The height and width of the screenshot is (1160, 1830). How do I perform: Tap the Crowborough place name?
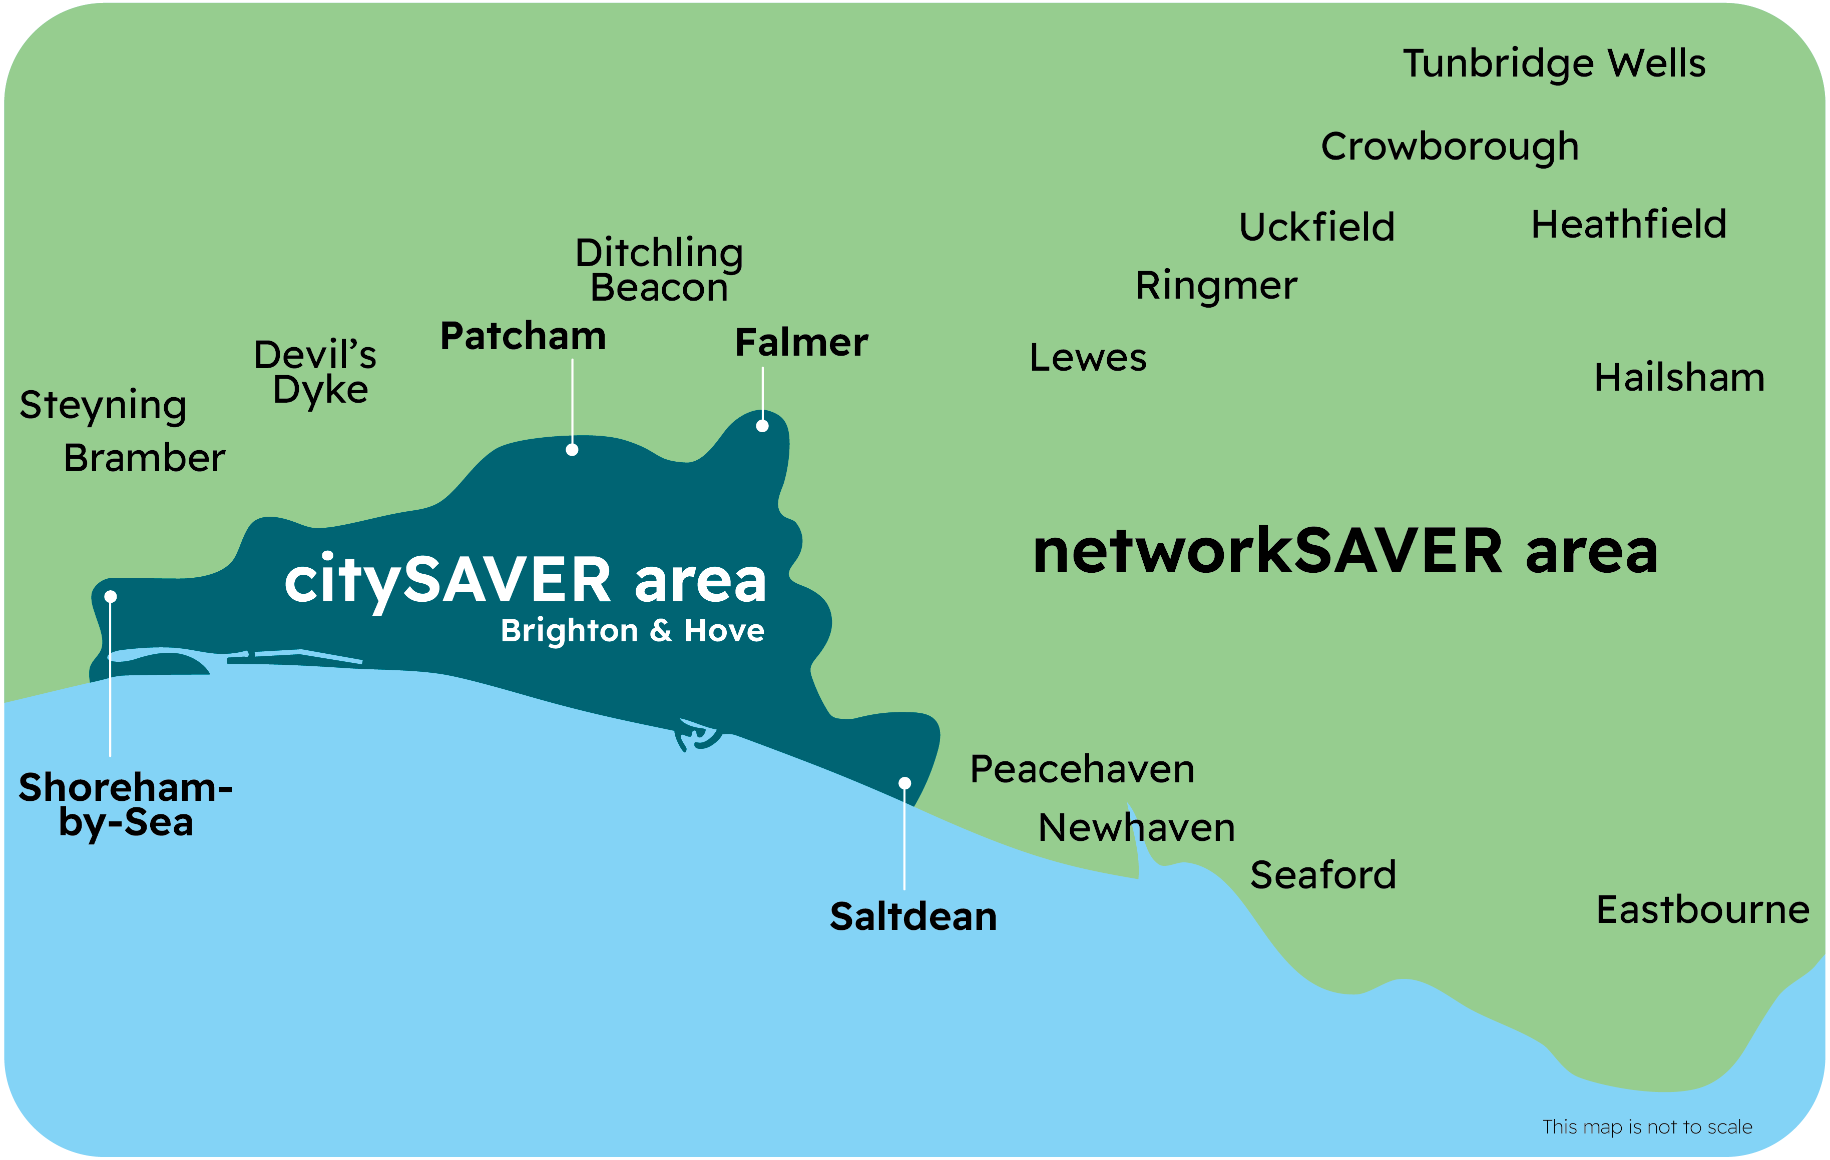(x=1449, y=147)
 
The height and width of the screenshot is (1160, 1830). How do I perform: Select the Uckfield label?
(x=1316, y=227)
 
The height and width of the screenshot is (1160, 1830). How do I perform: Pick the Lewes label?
(x=1088, y=358)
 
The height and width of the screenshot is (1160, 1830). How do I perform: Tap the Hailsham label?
(x=1679, y=378)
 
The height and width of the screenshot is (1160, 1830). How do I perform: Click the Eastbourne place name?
(x=1702, y=910)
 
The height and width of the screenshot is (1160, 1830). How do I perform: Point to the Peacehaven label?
(x=1082, y=769)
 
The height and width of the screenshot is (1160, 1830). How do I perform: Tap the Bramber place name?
(x=144, y=458)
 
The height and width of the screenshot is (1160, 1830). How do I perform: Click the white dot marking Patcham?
(x=572, y=450)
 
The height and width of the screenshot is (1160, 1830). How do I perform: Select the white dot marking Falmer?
(x=762, y=426)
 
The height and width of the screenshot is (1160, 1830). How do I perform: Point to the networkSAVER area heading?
(x=1344, y=552)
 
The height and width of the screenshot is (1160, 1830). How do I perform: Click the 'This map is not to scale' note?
(x=1647, y=1126)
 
